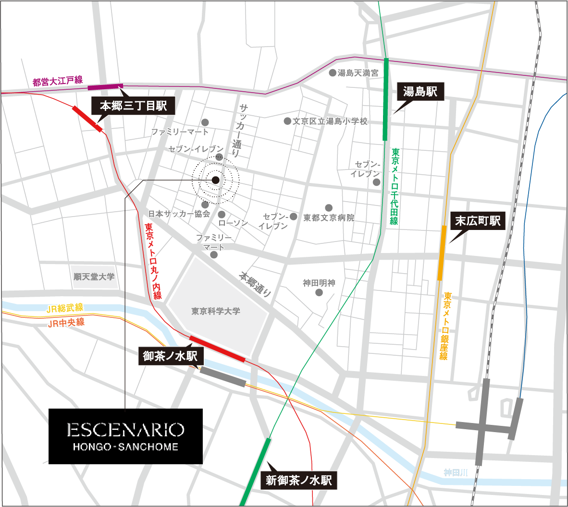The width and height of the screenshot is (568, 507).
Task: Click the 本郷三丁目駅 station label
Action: click(x=133, y=106)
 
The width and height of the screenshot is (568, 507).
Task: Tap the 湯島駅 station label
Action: click(x=420, y=91)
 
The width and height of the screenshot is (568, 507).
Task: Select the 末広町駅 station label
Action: click(x=478, y=221)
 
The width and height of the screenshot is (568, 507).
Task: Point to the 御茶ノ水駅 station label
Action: click(x=171, y=356)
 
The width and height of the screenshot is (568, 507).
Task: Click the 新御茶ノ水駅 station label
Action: click(x=298, y=480)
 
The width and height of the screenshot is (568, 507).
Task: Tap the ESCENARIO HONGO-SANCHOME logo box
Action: click(x=125, y=436)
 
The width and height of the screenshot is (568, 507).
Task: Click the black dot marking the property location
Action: click(x=216, y=180)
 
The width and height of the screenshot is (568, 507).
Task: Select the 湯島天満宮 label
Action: click(x=358, y=73)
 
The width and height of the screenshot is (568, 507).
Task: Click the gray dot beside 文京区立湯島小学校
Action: click(x=287, y=121)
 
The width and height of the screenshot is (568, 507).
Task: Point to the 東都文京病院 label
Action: click(x=329, y=218)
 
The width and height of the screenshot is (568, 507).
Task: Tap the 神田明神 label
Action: click(x=319, y=283)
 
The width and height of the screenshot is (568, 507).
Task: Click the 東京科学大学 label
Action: click(x=216, y=311)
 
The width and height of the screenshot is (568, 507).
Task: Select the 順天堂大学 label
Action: click(x=94, y=277)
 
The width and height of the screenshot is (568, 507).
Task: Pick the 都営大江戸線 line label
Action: click(x=58, y=81)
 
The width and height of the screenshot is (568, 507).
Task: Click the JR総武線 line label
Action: click(x=65, y=308)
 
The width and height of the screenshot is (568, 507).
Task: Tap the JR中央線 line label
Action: click(x=66, y=323)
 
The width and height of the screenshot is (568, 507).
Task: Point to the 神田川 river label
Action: click(x=456, y=473)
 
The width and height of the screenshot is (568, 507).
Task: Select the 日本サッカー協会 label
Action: click(x=179, y=214)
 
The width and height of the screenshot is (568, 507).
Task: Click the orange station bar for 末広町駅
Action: click(x=441, y=253)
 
